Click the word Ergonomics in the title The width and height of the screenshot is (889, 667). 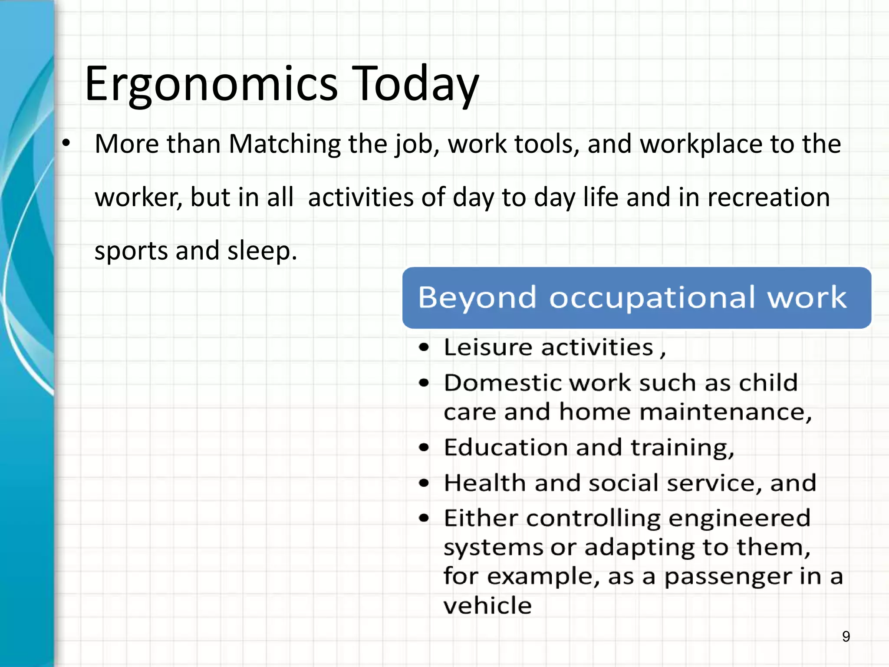tap(211, 85)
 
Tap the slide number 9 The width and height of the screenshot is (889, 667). tap(846, 637)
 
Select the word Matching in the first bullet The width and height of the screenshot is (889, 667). tap(285, 144)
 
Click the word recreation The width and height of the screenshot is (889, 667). tap(768, 198)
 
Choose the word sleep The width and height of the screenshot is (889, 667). tap(262, 251)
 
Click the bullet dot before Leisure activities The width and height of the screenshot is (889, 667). tap(424, 347)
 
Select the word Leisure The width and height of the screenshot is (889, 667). tap(488, 347)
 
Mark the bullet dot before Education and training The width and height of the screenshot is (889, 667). tap(424, 448)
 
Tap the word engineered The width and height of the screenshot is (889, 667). tap(739, 518)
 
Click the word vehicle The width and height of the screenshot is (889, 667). tap(487, 605)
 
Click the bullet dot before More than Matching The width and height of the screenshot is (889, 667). tap(66, 143)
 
